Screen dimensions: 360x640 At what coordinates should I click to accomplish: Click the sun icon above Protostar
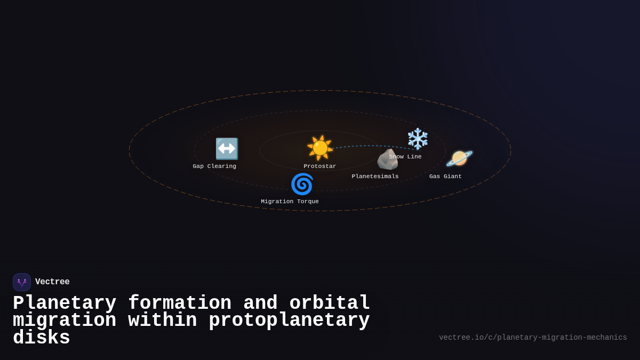320,148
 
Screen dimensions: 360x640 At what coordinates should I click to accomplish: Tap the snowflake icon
418,139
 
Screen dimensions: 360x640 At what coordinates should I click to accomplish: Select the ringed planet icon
459,158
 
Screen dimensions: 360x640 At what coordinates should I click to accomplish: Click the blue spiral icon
302,184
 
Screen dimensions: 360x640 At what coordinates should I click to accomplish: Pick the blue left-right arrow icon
227,149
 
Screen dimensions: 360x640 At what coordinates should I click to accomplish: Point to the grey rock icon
387,159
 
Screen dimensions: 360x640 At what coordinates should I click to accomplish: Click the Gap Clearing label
214,166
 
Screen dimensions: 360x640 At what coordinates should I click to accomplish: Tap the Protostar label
320,166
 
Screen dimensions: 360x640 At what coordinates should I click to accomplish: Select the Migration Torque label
290,202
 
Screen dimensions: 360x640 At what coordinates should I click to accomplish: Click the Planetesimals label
375,177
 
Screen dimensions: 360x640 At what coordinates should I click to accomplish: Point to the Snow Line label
405,157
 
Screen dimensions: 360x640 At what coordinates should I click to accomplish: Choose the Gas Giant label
445,177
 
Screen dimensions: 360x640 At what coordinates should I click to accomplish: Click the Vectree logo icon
22,282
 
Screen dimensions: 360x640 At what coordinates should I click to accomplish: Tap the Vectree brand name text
52,282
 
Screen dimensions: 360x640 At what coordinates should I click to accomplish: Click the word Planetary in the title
65,303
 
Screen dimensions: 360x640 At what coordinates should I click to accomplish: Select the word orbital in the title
330,303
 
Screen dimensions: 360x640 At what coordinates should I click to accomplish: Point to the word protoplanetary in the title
289,321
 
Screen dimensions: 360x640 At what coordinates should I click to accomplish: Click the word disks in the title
42,338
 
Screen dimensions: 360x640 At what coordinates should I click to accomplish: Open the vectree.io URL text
533,338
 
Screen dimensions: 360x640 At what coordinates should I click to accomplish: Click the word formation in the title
180,303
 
